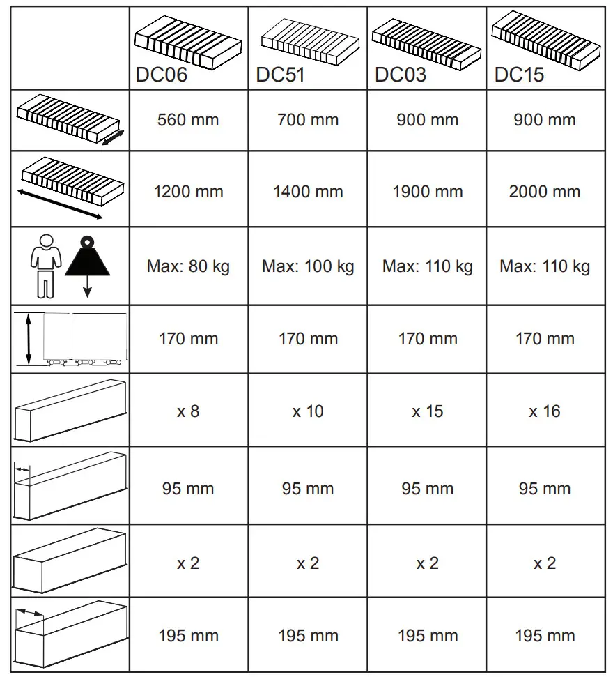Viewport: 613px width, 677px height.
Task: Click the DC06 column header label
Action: [x=162, y=75]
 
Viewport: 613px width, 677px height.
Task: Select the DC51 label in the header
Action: [x=281, y=75]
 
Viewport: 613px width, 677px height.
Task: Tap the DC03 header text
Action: [x=401, y=75]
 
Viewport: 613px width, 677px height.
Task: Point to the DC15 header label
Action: [x=519, y=75]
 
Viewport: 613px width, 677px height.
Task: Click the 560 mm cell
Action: [x=188, y=120]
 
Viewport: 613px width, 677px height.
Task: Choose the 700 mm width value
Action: [x=307, y=120]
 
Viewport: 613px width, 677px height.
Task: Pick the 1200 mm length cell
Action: [x=188, y=192]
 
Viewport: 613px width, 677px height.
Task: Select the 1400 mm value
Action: [x=307, y=192]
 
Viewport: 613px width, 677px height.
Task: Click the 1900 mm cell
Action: [x=427, y=192]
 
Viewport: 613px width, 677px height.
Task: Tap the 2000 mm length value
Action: [x=545, y=192]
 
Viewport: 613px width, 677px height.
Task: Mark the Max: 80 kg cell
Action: [x=188, y=266]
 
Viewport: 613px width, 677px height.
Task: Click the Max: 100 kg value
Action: [x=307, y=266]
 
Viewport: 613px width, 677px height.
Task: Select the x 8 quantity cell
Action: [x=188, y=411]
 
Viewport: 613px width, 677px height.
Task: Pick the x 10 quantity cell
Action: [x=307, y=411]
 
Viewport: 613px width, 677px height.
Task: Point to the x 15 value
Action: [x=427, y=411]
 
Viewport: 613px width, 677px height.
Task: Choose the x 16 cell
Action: [x=545, y=411]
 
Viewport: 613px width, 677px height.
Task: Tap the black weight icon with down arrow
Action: [x=87, y=261]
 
